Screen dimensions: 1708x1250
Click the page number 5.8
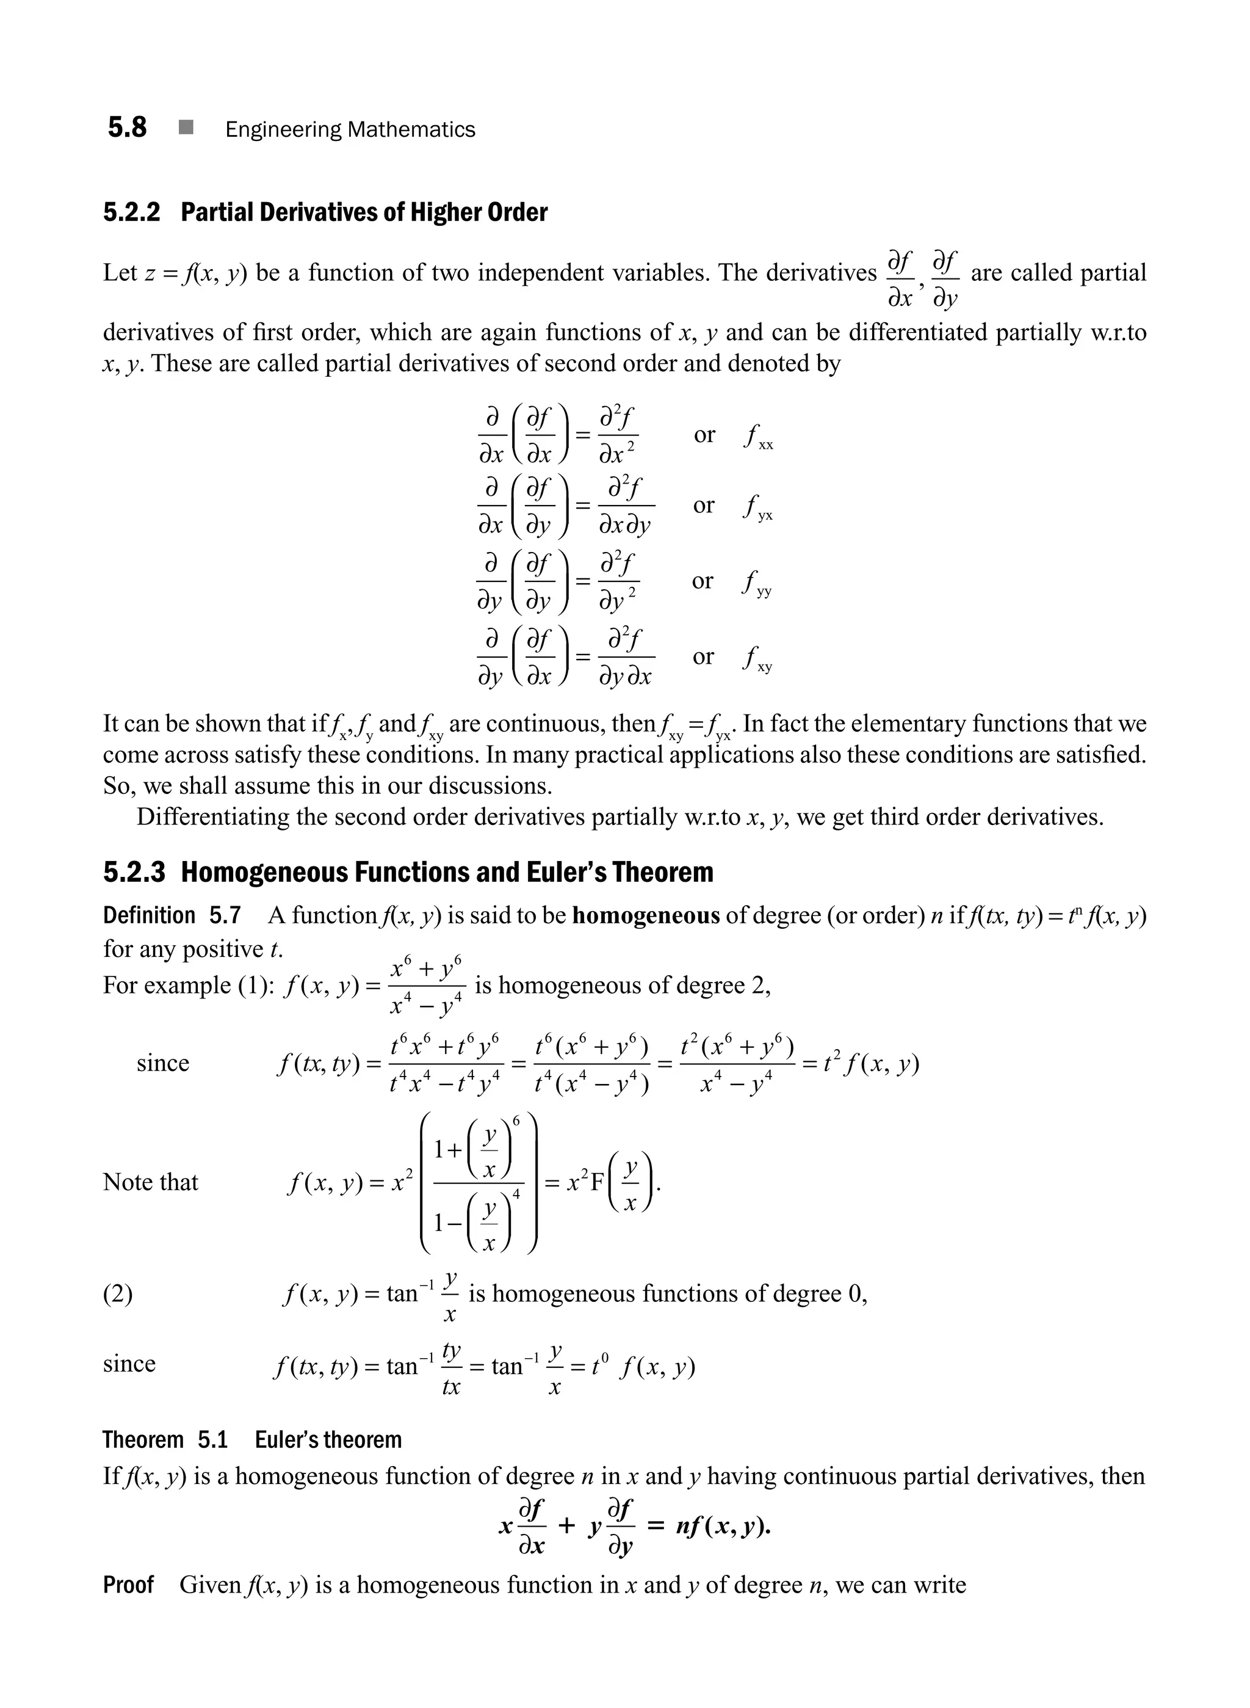point(127,127)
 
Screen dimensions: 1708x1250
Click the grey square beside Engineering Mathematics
point(186,128)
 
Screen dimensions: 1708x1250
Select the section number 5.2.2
point(132,213)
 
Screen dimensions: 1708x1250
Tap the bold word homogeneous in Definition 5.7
point(645,916)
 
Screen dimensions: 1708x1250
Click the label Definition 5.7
point(172,916)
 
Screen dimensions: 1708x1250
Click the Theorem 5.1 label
point(165,1439)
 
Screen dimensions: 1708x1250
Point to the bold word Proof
point(128,1585)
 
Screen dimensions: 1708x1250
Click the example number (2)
point(117,1294)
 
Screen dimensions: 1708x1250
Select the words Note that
point(151,1182)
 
